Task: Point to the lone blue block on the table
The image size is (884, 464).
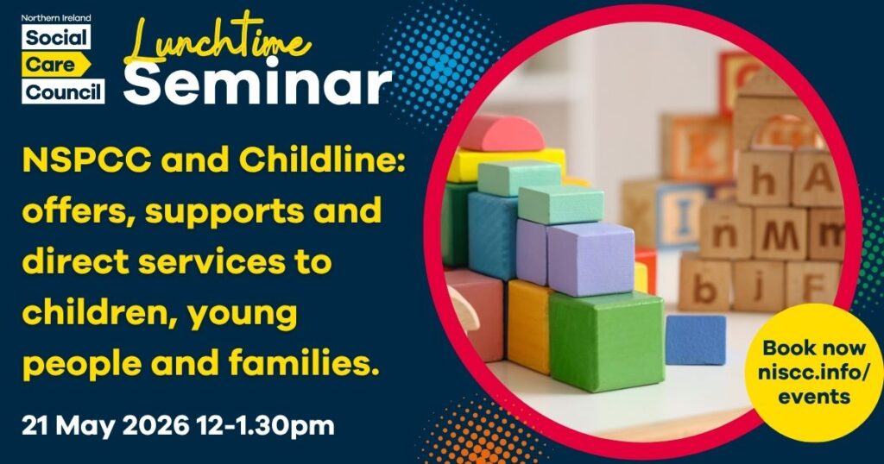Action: point(695,338)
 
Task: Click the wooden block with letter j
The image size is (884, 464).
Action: point(757,285)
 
